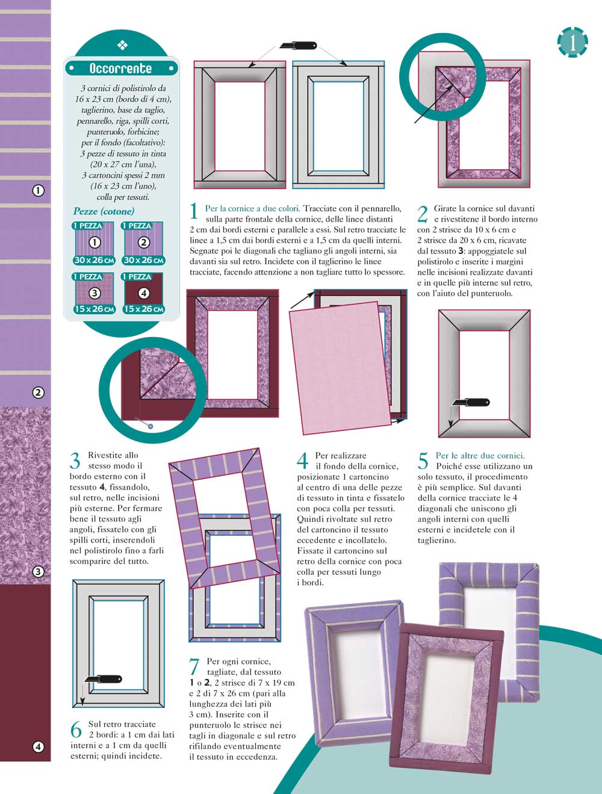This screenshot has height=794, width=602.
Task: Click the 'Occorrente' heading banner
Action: pos(122,68)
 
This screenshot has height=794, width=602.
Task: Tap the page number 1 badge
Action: pos(573,42)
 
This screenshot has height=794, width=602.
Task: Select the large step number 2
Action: pos(422,214)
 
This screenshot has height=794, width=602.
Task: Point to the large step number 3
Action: pos(75,461)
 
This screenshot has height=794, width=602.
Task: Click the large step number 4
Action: pos(302,461)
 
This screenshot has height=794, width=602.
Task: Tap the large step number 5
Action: pos(423,461)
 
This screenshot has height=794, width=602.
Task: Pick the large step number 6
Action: pos(76,729)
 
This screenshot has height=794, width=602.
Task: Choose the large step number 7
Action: pos(194,666)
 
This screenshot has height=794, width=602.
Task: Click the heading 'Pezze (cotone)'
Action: pos(104,211)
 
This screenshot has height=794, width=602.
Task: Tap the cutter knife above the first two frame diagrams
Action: pos(298,46)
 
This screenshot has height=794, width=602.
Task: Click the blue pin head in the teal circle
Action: pos(150,426)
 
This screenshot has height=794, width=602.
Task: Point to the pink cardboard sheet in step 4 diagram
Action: pos(340,368)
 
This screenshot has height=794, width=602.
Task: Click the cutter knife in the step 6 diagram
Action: pos(103,679)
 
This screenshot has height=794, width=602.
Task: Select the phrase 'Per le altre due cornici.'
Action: pos(480,456)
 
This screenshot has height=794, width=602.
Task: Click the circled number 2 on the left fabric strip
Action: pos(38,392)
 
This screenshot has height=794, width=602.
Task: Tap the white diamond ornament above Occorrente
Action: pos(122,45)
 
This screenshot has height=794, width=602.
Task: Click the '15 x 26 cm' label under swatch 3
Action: pos(95,309)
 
